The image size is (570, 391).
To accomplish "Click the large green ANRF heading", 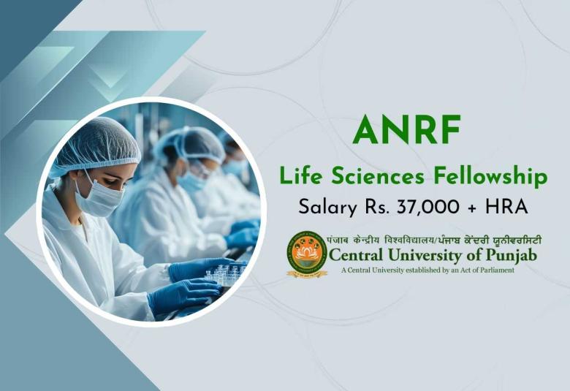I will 406,129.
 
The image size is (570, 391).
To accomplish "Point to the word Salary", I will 326,207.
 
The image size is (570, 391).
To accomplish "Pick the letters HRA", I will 506,207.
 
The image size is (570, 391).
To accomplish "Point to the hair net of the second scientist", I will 191,143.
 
